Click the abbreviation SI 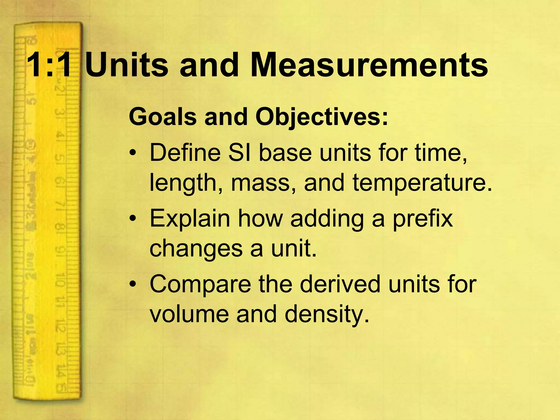pyautogui.click(x=240, y=153)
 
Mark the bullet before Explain pyautogui.click(x=133, y=219)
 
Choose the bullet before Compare pyautogui.click(x=133, y=284)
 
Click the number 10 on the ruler pyautogui.click(x=60, y=280)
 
